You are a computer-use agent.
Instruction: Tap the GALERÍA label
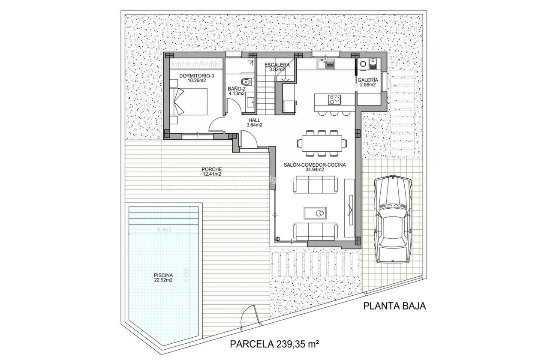pos(367,80)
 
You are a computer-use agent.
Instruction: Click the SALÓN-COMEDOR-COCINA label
pos(315,165)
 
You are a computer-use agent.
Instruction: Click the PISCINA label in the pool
pos(163,276)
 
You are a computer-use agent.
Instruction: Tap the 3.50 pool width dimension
pos(164,230)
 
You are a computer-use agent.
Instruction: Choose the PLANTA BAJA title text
pos(394,306)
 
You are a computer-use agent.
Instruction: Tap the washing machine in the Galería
pos(363,65)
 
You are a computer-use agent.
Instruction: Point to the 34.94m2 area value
pos(315,170)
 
